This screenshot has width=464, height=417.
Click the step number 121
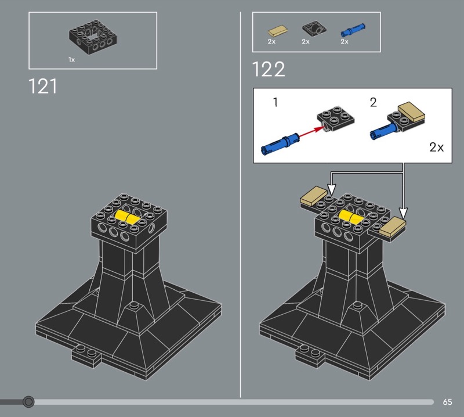42,86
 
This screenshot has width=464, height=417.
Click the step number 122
269,69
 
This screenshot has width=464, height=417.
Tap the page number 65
447,402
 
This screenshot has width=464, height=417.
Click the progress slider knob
28,402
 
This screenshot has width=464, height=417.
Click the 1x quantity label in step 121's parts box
71,60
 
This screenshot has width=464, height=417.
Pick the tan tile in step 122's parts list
278,31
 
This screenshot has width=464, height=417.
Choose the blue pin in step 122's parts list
353,30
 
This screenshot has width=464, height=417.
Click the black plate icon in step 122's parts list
314,30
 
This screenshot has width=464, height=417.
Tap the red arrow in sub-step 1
311,132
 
